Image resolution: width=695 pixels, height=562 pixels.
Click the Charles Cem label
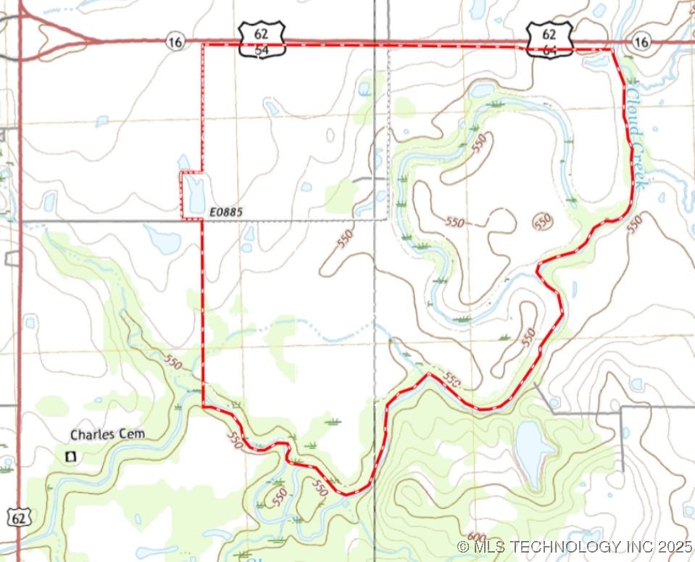click(x=107, y=434)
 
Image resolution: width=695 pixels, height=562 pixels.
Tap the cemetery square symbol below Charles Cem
click(x=71, y=456)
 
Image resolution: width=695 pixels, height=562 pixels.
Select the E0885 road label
click(x=225, y=212)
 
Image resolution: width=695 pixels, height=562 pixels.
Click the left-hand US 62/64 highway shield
click(x=262, y=40)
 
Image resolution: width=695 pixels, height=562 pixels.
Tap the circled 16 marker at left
click(x=174, y=41)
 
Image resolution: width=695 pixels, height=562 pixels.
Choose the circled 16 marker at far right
click(x=640, y=42)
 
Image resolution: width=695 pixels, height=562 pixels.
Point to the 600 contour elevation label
click(x=476, y=538)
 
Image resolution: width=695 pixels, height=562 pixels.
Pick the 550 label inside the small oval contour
click(x=542, y=222)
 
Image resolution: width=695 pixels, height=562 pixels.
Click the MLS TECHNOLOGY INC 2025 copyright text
click(x=575, y=546)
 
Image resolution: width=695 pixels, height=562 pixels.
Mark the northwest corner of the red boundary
click(x=201, y=45)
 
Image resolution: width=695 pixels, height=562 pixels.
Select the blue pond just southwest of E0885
click(x=161, y=239)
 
